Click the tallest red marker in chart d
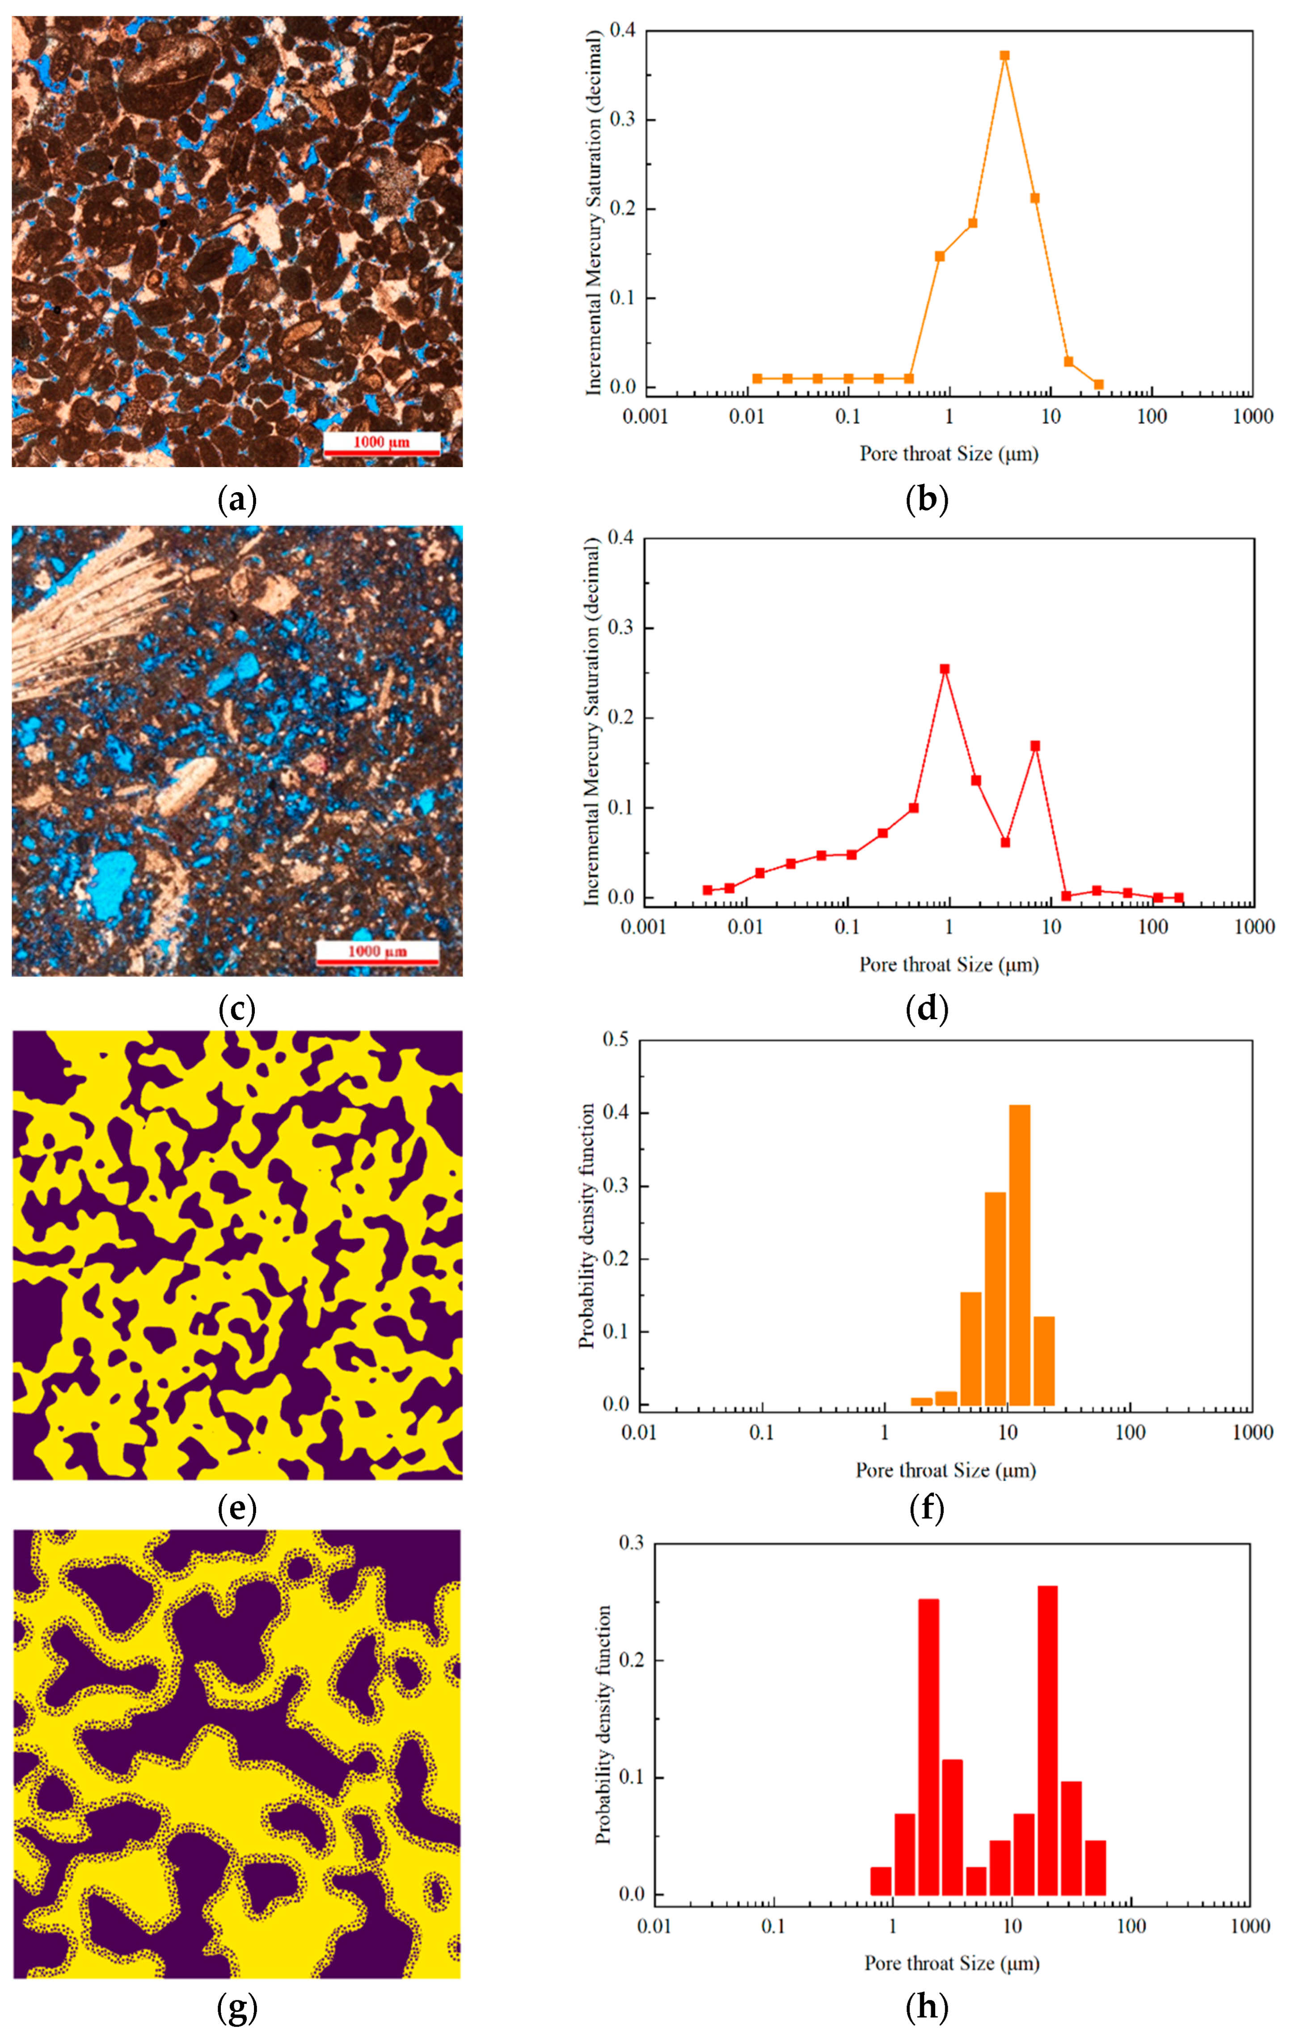pos(945,669)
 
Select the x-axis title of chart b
pos(949,454)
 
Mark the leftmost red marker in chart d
pos(707,890)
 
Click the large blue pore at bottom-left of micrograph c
pos(114,884)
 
